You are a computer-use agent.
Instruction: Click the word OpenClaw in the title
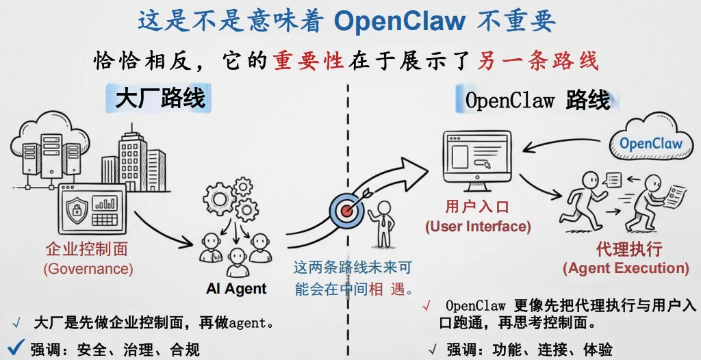tap(399, 21)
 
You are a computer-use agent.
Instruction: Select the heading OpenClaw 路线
tap(537, 100)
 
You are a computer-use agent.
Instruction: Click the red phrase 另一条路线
tap(537, 61)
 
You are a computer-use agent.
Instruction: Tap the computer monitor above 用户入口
tap(477, 162)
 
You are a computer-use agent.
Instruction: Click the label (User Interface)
tap(478, 227)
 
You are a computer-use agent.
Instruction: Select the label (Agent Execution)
tap(625, 268)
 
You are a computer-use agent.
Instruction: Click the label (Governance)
tap(88, 269)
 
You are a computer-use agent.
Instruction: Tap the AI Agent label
tap(236, 288)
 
